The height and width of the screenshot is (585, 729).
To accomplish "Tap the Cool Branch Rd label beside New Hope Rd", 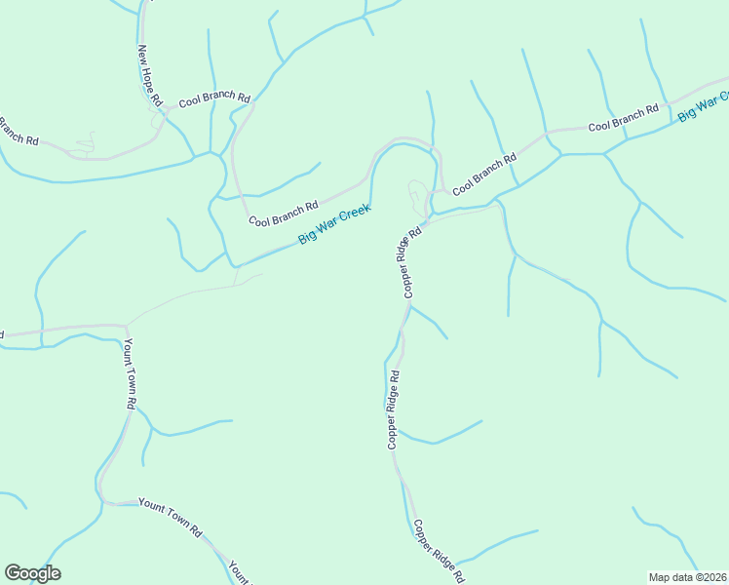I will [x=214, y=99].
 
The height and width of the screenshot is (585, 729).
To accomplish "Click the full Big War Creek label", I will [x=334, y=223].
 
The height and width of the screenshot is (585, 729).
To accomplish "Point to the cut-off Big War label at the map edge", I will [x=704, y=106].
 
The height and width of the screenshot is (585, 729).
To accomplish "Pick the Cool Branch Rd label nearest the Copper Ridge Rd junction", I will [x=483, y=173].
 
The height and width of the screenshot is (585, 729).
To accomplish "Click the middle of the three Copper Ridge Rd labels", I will [x=394, y=409].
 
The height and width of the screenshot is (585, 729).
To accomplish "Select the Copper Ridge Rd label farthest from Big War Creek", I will [x=438, y=552].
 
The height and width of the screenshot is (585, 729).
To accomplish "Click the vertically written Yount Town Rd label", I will [x=129, y=373].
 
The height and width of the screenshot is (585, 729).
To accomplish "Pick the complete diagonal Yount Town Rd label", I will [x=170, y=517].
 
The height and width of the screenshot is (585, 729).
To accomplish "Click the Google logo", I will [x=32, y=573].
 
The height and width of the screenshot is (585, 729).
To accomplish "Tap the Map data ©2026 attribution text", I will [x=687, y=577].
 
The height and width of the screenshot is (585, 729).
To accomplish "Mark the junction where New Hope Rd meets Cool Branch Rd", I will [x=169, y=109].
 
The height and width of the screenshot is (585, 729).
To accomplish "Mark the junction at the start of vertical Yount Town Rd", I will [x=125, y=327].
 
